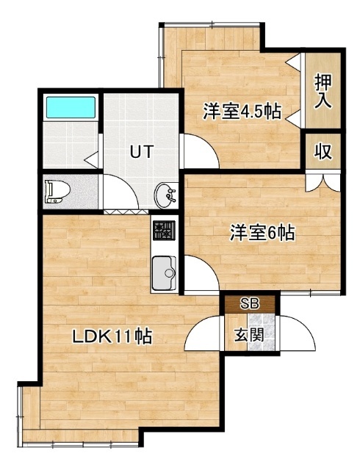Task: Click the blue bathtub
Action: point(71,107)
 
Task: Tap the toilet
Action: point(57,192)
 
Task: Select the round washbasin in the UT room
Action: point(165,195)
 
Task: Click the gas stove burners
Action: point(164,230)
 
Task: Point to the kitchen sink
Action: point(164,272)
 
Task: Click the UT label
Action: point(142,151)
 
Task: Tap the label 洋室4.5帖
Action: point(242,112)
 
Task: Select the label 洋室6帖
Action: point(262,233)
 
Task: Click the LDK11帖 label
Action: point(112,336)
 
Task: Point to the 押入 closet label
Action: point(323,91)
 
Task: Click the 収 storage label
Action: point(323,152)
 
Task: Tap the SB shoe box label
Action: point(250,304)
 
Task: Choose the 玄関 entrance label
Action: point(249,335)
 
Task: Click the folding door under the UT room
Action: point(126,211)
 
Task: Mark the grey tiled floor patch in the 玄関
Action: point(261,332)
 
